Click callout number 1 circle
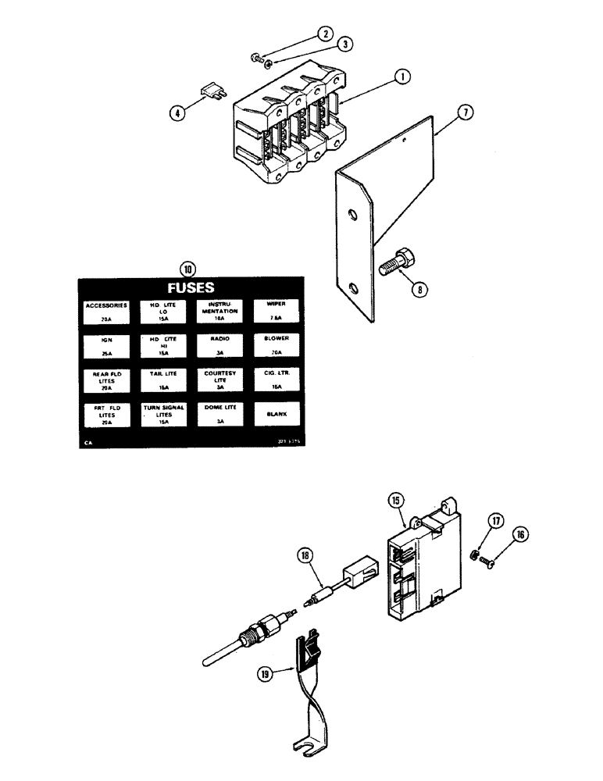point(402,77)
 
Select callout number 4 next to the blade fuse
point(179,112)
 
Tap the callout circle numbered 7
point(466,113)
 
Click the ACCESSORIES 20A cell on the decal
point(106,312)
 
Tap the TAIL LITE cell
point(164,380)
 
